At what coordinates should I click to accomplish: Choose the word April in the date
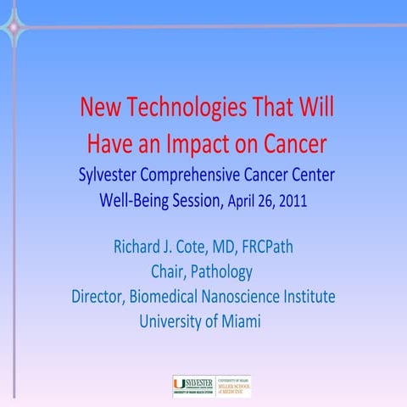238,203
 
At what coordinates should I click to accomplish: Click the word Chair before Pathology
167,272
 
